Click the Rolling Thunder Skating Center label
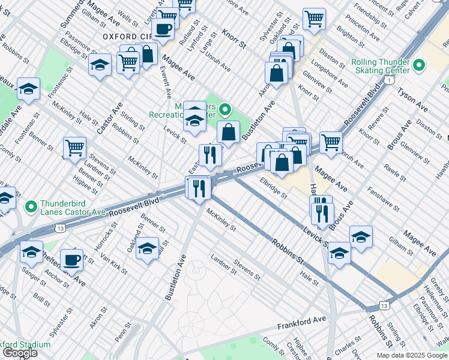pos(380,66)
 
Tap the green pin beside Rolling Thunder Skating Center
pos(419,65)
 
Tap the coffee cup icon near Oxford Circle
pos(163,28)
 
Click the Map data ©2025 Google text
pos(412,355)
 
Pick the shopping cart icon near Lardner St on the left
pos(74,147)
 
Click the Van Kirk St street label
pos(113,262)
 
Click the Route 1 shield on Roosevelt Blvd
pos(390,80)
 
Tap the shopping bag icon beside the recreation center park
pos(229,131)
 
